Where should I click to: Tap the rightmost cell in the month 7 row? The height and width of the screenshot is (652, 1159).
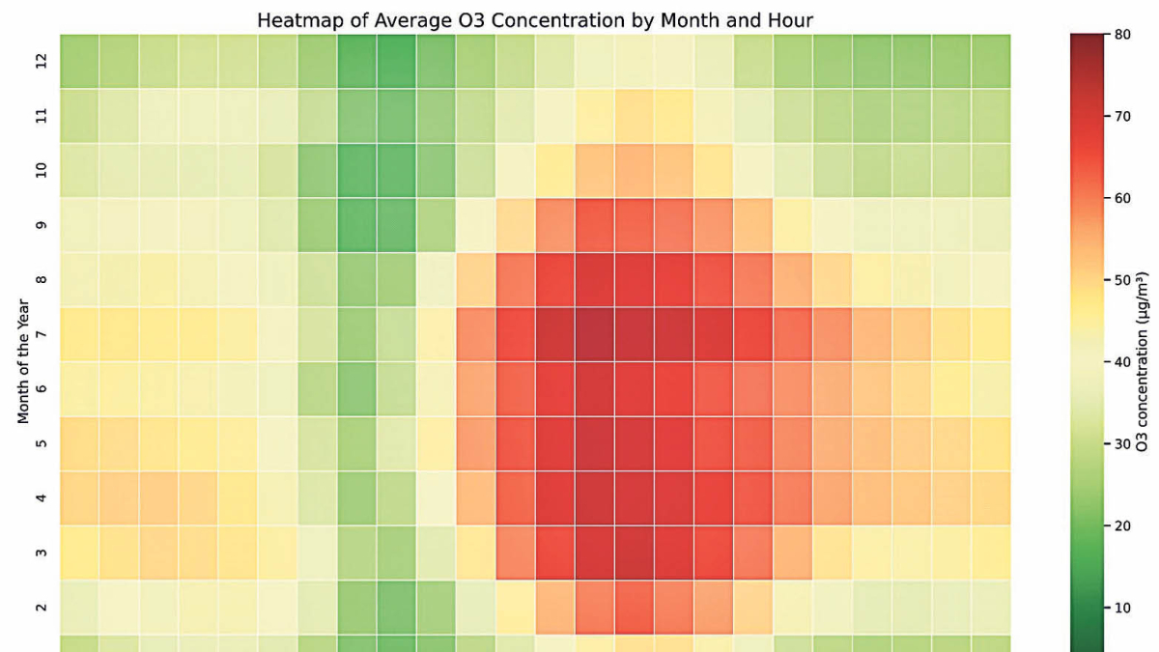[x=991, y=334]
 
